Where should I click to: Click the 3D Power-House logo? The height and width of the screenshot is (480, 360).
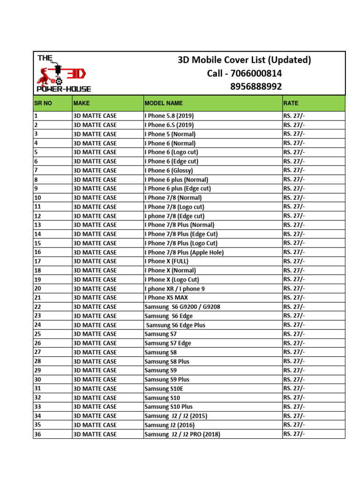(63, 73)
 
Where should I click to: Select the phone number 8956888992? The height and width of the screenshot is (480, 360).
(256, 87)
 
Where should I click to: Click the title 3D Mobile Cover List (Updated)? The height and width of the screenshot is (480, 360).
(244, 60)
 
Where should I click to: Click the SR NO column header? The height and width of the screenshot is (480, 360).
(43, 103)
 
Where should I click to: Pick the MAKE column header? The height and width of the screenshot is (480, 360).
(82, 103)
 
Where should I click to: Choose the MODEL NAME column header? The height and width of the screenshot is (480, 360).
(164, 103)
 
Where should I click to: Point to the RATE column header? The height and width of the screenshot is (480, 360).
(291, 103)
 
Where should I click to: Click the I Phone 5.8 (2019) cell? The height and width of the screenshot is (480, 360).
(169, 116)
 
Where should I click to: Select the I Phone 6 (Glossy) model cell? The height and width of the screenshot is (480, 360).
(169, 171)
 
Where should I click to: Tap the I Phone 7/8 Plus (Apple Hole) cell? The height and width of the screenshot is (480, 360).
(184, 252)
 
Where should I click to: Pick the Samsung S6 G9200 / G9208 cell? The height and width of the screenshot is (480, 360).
(182, 307)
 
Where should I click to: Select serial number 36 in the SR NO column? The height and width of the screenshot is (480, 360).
(38, 434)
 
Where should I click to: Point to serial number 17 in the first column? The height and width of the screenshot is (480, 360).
(38, 261)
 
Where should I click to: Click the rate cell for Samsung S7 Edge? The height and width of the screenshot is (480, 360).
(294, 343)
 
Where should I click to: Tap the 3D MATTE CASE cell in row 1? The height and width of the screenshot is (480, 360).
(95, 116)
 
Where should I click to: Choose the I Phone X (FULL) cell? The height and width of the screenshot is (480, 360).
(167, 261)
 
